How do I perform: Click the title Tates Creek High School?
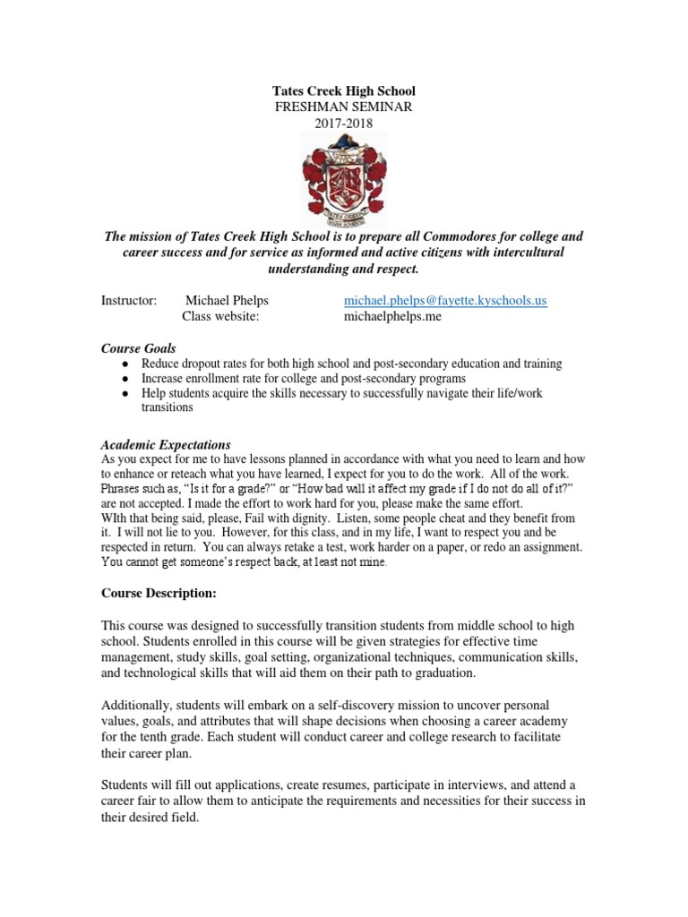(x=343, y=92)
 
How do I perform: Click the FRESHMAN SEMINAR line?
(x=343, y=107)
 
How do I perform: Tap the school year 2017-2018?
(x=343, y=124)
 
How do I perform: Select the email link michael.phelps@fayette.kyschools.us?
(x=445, y=301)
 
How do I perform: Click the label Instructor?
(x=129, y=301)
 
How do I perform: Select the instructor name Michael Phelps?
(x=226, y=301)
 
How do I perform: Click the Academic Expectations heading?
(x=165, y=444)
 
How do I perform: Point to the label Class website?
(x=221, y=317)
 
